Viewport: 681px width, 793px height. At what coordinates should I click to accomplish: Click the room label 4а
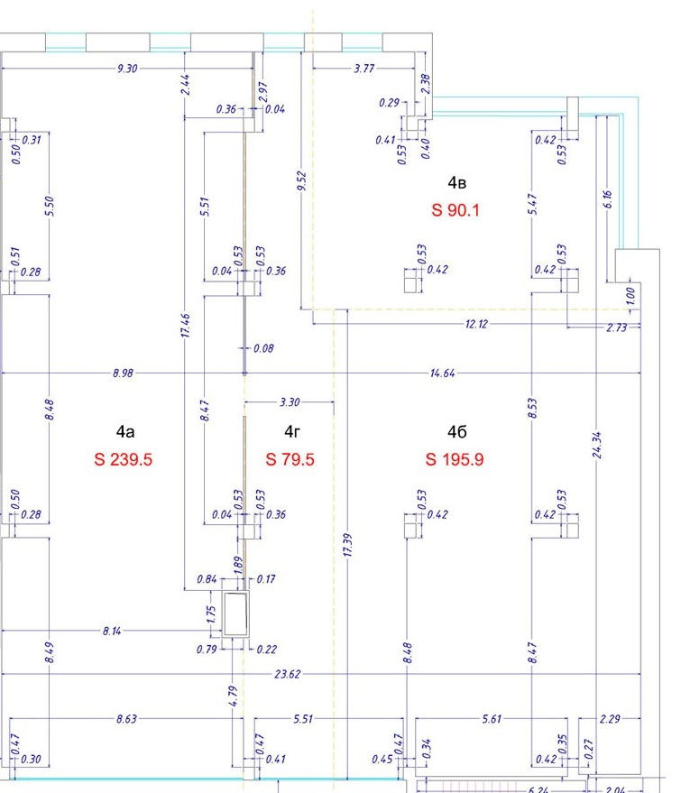124,431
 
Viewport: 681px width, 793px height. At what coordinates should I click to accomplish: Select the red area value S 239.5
123,459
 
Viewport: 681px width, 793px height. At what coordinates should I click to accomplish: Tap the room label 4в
456,182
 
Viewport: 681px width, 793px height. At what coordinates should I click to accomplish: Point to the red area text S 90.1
455,210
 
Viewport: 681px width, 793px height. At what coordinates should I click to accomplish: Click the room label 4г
292,431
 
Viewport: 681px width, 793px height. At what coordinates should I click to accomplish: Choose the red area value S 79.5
290,459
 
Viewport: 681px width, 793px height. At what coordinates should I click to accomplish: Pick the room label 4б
456,431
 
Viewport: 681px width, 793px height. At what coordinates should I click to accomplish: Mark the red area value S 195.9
455,459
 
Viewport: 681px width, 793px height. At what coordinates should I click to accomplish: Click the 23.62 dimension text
287,674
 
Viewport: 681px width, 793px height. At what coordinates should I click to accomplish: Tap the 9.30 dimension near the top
127,69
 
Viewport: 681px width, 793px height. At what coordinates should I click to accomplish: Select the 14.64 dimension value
442,373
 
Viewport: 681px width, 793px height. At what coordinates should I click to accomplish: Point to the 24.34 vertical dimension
597,445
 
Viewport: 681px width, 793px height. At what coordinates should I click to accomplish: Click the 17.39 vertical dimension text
348,545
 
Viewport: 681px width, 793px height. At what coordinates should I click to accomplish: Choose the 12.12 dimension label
476,324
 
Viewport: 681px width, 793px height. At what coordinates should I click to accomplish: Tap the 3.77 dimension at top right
364,69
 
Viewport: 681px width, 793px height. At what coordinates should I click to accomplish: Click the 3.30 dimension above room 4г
290,402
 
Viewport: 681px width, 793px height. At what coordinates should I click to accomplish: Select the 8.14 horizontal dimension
112,631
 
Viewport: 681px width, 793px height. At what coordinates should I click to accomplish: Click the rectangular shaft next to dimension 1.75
235,613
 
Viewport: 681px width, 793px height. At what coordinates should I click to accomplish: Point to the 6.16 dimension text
608,199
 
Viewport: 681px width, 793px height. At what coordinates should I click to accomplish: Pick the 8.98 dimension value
123,373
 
